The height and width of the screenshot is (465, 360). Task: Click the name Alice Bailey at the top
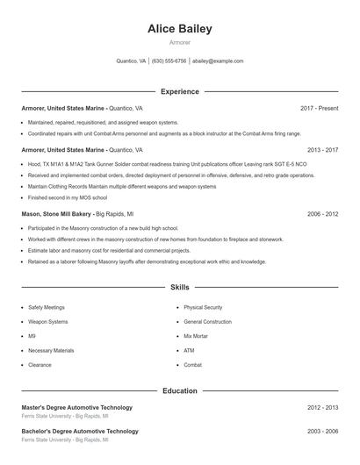click(180, 28)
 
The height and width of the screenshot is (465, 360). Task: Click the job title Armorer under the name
click(180, 42)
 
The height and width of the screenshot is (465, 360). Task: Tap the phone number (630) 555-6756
click(169, 61)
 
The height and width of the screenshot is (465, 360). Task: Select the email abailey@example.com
click(218, 61)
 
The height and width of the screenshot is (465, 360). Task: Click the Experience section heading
click(180, 91)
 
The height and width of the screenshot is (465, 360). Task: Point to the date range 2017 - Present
click(319, 108)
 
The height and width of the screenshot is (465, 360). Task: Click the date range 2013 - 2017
click(322, 150)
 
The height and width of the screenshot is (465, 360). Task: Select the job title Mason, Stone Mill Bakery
click(56, 214)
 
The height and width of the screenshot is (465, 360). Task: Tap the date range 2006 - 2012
click(322, 214)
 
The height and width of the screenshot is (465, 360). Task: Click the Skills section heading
click(180, 287)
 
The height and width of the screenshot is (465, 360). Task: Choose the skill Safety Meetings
click(47, 308)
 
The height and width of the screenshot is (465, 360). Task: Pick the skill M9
click(32, 336)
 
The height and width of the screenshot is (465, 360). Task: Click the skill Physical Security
click(203, 308)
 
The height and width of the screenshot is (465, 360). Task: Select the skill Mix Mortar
click(195, 336)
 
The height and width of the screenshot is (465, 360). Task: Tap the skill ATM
click(189, 350)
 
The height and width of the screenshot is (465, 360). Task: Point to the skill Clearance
click(40, 365)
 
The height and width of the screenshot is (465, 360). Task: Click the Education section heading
click(180, 390)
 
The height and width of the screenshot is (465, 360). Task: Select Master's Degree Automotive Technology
click(77, 407)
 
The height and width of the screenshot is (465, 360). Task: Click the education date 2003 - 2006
click(322, 431)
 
